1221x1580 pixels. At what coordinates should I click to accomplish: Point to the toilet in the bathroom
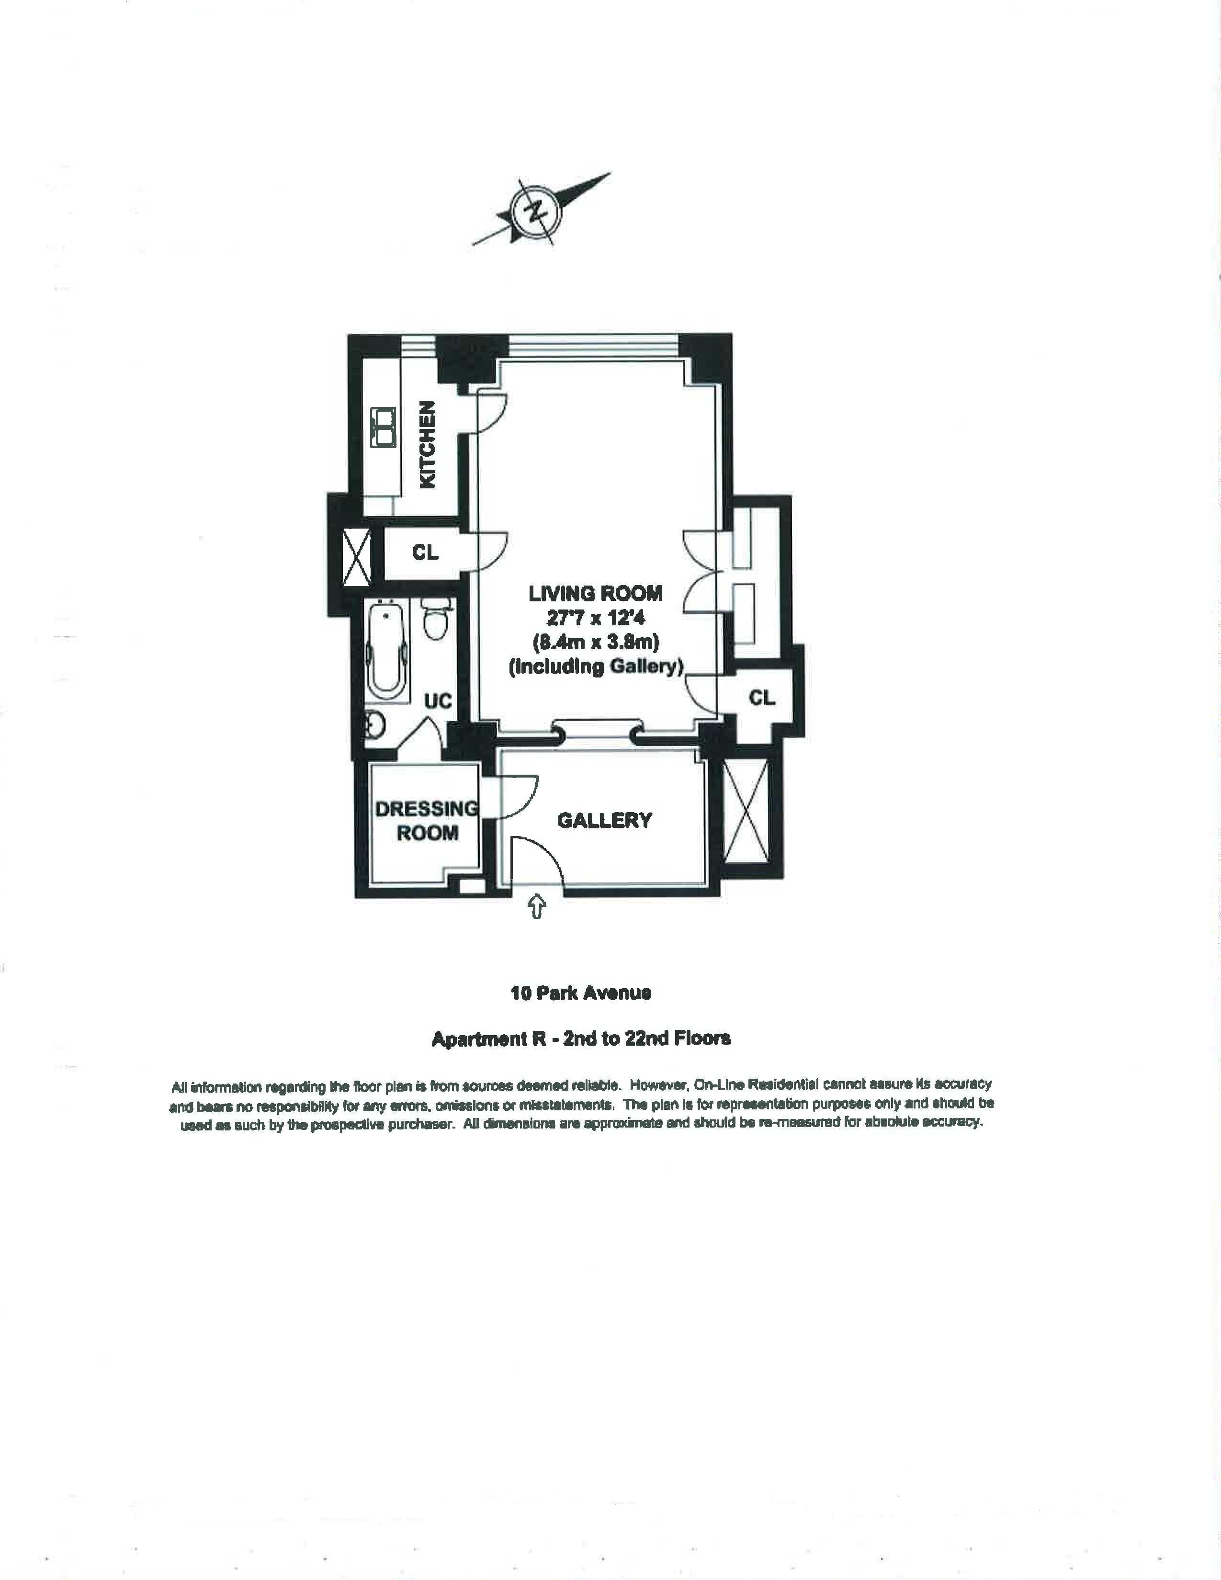click(435, 619)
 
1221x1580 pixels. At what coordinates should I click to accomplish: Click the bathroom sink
click(374, 723)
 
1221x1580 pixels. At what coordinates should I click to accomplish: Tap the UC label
click(438, 700)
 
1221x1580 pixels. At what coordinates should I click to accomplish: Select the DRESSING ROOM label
click(427, 820)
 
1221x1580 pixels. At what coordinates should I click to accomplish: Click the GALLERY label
click(604, 820)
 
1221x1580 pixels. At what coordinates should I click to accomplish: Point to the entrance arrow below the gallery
click(537, 906)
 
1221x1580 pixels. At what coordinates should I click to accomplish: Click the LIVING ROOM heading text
click(595, 593)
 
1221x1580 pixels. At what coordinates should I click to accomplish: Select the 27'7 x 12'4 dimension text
click(595, 618)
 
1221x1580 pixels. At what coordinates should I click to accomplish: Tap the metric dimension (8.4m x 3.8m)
click(595, 642)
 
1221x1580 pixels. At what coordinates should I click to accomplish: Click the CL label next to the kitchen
click(425, 552)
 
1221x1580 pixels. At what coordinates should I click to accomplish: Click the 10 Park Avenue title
click(581, 993)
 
